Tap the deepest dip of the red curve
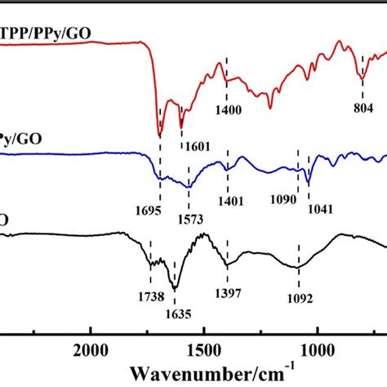160,135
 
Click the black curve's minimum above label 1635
174,287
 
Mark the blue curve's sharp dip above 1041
308,181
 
